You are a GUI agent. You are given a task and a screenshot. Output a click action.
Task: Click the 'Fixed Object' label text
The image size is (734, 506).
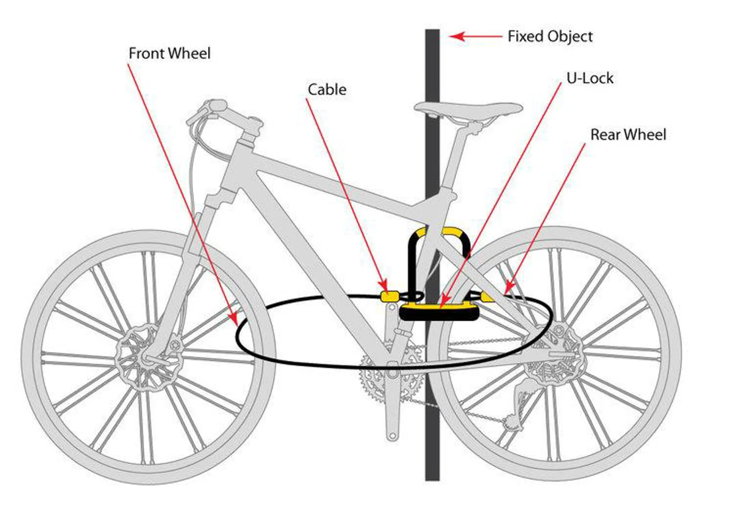(550, 37)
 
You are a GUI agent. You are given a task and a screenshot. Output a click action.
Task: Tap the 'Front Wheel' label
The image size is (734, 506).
(169, 54)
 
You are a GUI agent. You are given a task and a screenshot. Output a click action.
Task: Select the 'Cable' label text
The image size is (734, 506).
(327, 90)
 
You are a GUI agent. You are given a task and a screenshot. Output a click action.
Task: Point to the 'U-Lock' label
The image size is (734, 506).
(589, 78)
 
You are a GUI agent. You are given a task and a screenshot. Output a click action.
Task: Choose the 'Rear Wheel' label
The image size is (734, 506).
(628, 135)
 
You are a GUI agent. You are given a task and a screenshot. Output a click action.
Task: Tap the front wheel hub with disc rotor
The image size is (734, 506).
(147, 358)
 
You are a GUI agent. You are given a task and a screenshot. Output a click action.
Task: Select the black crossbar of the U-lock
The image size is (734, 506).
(439, 314)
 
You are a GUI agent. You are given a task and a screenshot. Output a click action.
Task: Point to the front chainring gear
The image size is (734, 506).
(390, 377)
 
